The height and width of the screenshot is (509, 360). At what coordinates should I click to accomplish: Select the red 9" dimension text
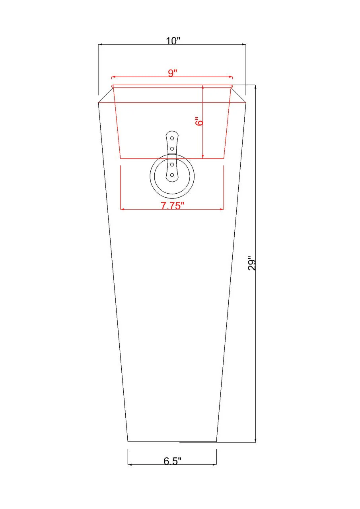tap(172, 73)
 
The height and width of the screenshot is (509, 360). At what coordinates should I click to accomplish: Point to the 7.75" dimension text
tap(172, 206)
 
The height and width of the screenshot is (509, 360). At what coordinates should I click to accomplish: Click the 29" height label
tap(252, 263)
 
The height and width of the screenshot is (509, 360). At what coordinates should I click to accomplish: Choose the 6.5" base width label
tap(172, 461)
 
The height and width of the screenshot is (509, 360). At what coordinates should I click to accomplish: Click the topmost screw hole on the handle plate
tap(172, 138)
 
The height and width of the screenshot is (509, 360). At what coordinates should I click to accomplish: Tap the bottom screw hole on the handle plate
tap(172, 175)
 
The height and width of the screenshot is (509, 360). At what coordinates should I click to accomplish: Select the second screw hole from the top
tap(172, 148)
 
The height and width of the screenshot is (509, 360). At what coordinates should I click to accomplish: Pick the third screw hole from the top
tap(172, 164)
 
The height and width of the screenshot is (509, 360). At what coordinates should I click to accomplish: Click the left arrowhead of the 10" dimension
tap(100, 45)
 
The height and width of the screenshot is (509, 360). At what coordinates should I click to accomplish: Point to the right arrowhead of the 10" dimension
tap(244, 45)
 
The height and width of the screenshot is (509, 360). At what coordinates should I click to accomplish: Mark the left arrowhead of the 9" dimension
tap(113, 77)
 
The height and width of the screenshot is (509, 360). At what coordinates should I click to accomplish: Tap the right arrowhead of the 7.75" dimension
tap(222, 209)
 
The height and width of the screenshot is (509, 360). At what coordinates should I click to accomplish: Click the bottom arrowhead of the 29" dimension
tap(255, 440)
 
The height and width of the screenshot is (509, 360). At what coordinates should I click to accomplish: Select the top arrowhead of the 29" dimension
tap(255, 87)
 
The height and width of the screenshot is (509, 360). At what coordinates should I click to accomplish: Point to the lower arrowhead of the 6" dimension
tap(203, 156)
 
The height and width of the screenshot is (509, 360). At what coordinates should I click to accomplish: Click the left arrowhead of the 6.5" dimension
tap(130, 464)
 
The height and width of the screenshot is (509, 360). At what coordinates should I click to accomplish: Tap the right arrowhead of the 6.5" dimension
tap(215, 464)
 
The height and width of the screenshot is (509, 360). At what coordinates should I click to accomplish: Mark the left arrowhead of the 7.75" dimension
tap(122, 209)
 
